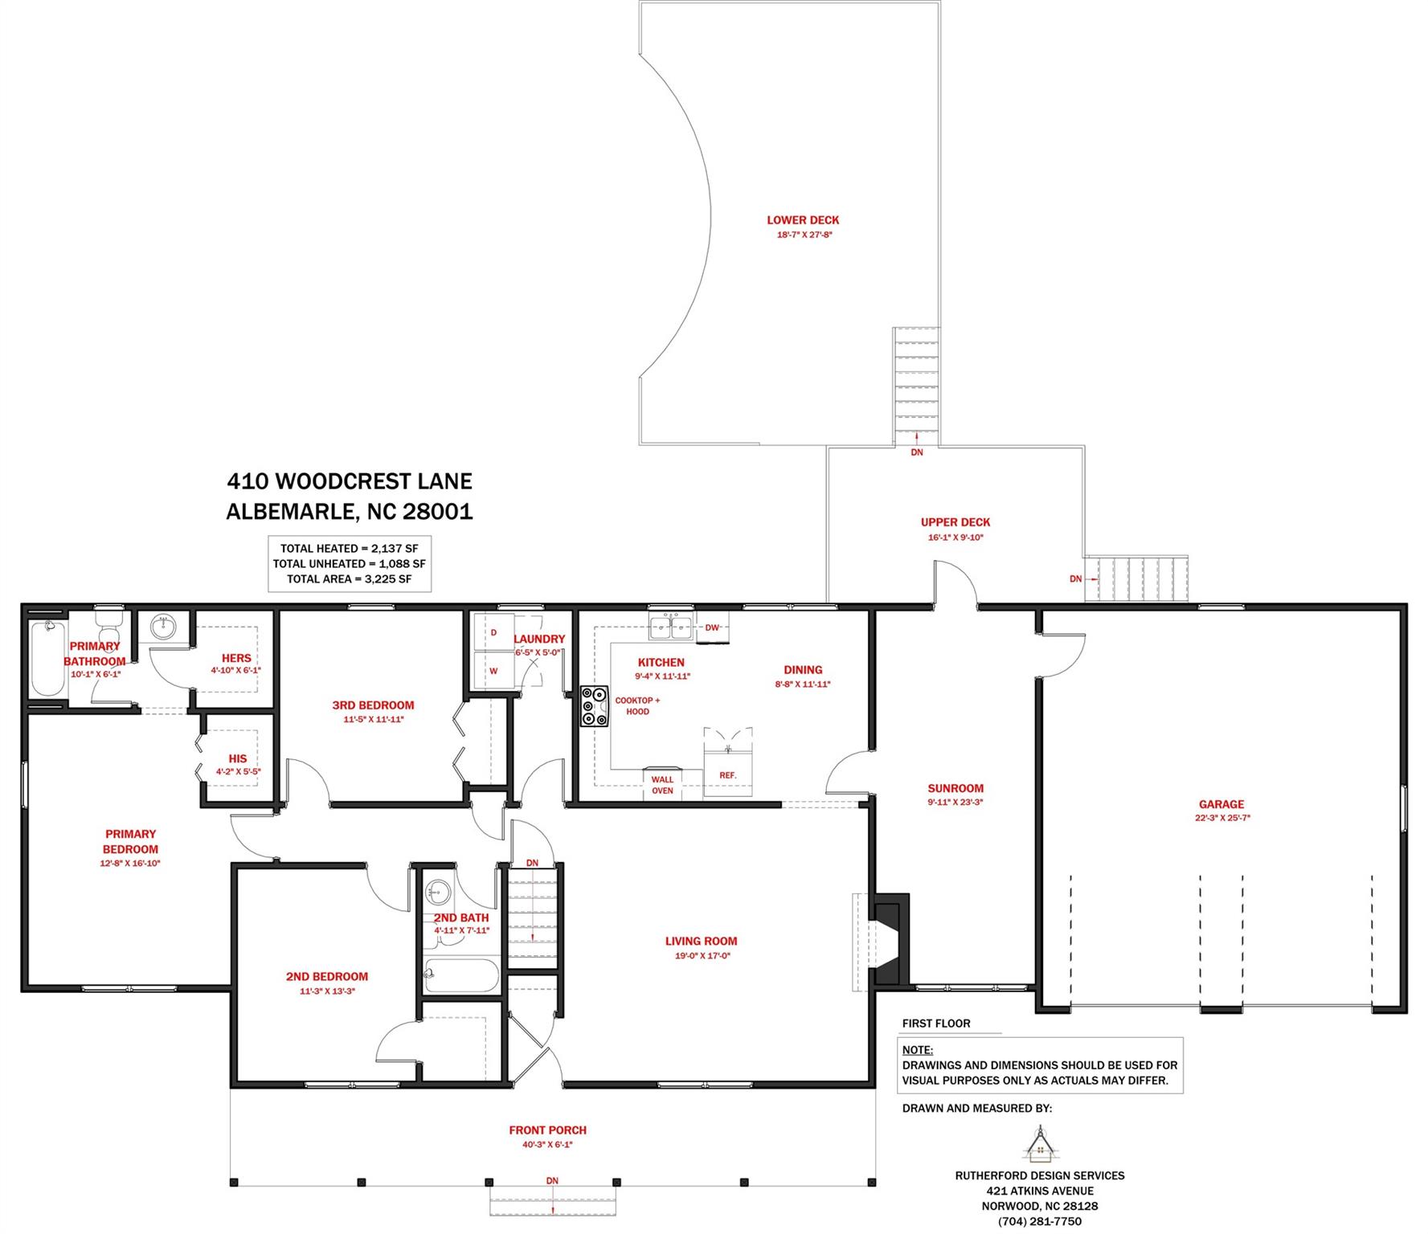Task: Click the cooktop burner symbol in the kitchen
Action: tap(595, 707)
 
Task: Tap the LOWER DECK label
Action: tap(802, 220)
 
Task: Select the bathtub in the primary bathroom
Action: tap(47, 658)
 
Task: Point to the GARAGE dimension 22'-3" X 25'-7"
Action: tap(1221, 818)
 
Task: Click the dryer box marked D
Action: tap(493, 632)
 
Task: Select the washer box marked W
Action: tap(493, 671)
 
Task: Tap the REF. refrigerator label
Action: tap(727, 775)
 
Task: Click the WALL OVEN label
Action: tap(662, 785)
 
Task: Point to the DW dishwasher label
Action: tap(712, 627)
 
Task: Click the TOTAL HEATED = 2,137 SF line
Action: tap(349, 549)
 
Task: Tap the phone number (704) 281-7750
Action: tap(1039, 1221)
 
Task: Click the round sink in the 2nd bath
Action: tap(438, 891)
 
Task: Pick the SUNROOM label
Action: tap(955, 788)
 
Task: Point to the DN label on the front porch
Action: tap(552, 1180)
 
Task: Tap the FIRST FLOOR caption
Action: tap(935, 1024)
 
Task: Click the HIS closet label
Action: tap(237, 758)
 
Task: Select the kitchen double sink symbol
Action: tap(671, 627)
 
